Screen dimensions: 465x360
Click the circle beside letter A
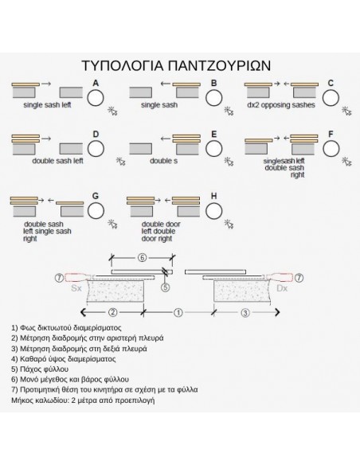coord(96,97)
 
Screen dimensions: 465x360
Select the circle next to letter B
coord(213,97)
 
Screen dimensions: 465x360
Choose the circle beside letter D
coord(96,149)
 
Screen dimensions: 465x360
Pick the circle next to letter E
coord(213,149)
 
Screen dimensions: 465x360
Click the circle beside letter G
coord(96,210)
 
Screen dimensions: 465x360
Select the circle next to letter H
coord(213,210)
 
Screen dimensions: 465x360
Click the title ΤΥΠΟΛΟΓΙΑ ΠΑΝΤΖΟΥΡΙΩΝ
coord(180,64)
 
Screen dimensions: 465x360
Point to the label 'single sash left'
coord(48,105)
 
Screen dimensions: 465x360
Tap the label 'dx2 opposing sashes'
coord(280,105)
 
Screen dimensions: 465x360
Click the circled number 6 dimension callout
coord(143,257)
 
